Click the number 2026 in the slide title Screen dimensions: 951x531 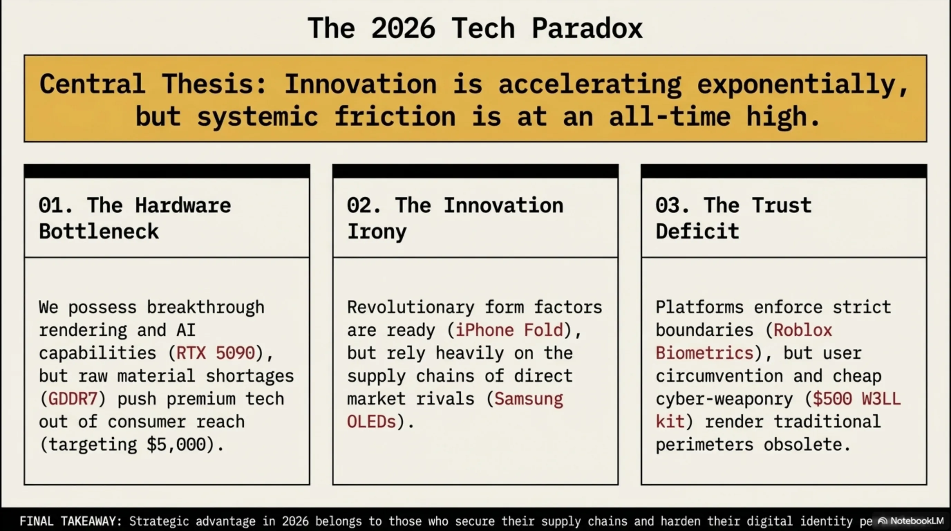(x=403, y=28)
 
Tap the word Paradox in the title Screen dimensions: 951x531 (x=587, y=28)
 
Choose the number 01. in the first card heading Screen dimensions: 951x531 (x=56, y=205)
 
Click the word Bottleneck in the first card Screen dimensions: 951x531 (x=99, y=232)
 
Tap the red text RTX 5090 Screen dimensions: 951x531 (x=216, y=353)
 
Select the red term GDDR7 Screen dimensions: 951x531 (x=73, y=399)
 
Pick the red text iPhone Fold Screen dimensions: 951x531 (x=509, y=330)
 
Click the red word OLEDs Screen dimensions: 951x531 (x=371, y=422)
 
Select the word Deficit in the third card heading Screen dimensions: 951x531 (x=697, y=232)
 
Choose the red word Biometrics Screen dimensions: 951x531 (x=704, y=353)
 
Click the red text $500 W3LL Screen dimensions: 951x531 (x=857, y=399)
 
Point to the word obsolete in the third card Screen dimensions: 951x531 (x=803, y=445)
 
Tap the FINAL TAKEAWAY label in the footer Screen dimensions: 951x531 (x=70, y=521)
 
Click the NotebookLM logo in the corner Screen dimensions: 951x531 (x=911, y=521)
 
